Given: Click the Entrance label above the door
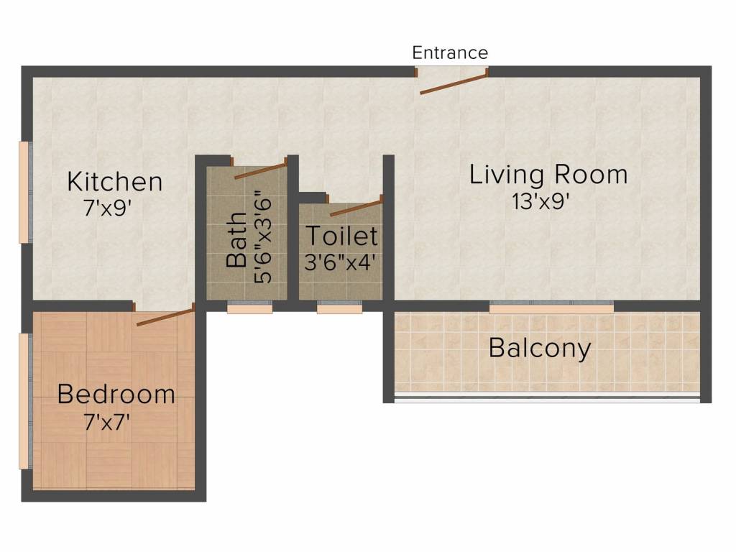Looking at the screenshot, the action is click(x=450, y=52).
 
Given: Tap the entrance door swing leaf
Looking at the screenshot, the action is click(x=454, y=83).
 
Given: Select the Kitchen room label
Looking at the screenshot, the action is click(x=115, y=182).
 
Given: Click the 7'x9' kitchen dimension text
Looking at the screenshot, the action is click(x=106, y=208).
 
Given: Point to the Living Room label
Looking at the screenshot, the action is click(x=548, y=175).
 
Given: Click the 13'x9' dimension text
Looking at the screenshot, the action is click(x=540, y=202).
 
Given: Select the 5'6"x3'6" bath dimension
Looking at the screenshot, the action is click(x=262, y=240).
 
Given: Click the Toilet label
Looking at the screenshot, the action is click(x=341, y=236).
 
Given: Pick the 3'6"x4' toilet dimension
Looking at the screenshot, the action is click(x=340, y=262).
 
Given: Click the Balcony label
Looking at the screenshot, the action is click(x=540, y=349).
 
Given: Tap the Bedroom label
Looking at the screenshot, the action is click(x=116, y=395).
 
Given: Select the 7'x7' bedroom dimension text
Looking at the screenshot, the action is click(x=106, y=423).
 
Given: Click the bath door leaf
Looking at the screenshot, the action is click(x=260, y=170).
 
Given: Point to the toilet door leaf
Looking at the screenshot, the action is click(x=356, y=208).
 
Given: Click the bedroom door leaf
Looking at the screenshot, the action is click(x=165, y=316).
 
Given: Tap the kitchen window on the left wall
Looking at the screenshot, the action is click(x=24, y=193).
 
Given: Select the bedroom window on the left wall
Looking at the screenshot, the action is click(x=24, y=401).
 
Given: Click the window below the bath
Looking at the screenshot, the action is click(x=249, y=308).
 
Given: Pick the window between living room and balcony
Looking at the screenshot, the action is click(x=551, y=307).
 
